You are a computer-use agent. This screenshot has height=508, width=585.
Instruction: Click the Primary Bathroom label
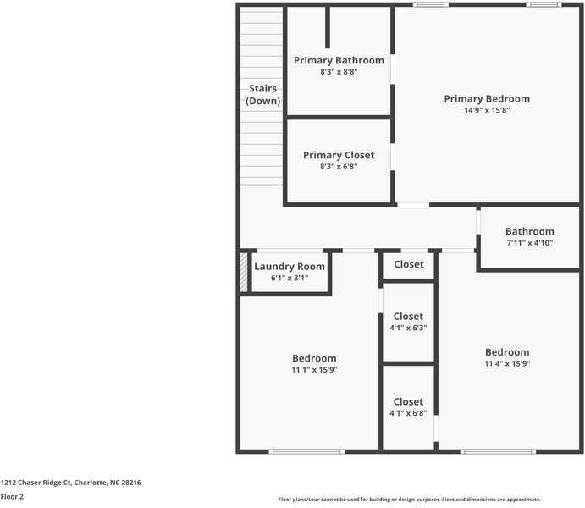click(x=339, y=60)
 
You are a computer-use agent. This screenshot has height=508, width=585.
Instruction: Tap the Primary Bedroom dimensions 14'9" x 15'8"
click(x=487, y=110)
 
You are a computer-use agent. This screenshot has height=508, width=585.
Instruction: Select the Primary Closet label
click(x=339, y=155)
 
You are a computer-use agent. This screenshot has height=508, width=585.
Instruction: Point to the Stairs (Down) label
click(x=263, y=94)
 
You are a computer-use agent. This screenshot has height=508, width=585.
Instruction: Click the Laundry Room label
click(x=290, y=267)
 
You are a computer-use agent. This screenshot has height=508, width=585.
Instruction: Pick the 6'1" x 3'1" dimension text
click(x=290, y=278)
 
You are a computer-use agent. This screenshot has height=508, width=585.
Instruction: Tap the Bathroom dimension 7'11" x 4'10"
click(x=530, y=243)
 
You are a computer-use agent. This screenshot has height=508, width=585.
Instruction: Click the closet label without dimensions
click(x=409, y=264)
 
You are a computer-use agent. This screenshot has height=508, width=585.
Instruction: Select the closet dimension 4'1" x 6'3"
click(x=408, y=328)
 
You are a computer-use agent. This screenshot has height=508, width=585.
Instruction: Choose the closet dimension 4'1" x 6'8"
click(x=408, y=413)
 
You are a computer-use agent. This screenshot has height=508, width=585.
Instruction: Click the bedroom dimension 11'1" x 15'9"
click(x=315, y=370)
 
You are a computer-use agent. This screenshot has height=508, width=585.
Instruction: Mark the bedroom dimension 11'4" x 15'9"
click(x=507, y=364)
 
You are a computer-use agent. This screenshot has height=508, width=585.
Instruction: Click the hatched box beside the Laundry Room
click(x=244, y=273)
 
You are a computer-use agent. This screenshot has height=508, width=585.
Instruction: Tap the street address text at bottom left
click(x=71, y=483)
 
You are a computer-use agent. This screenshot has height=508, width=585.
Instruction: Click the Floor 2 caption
click(x=12, y=497)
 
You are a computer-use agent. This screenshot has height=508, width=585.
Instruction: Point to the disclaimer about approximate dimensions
click(x=409, y=500)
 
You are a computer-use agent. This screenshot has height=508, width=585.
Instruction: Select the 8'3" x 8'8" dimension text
click(x=339, y=72)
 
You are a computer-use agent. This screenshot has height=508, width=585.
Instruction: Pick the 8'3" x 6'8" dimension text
click(x=339, y=166)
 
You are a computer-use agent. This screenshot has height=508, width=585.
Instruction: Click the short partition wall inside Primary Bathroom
click(x=328, y=27)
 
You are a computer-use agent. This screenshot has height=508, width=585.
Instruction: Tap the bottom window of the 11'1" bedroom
click(x=306, y=451)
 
